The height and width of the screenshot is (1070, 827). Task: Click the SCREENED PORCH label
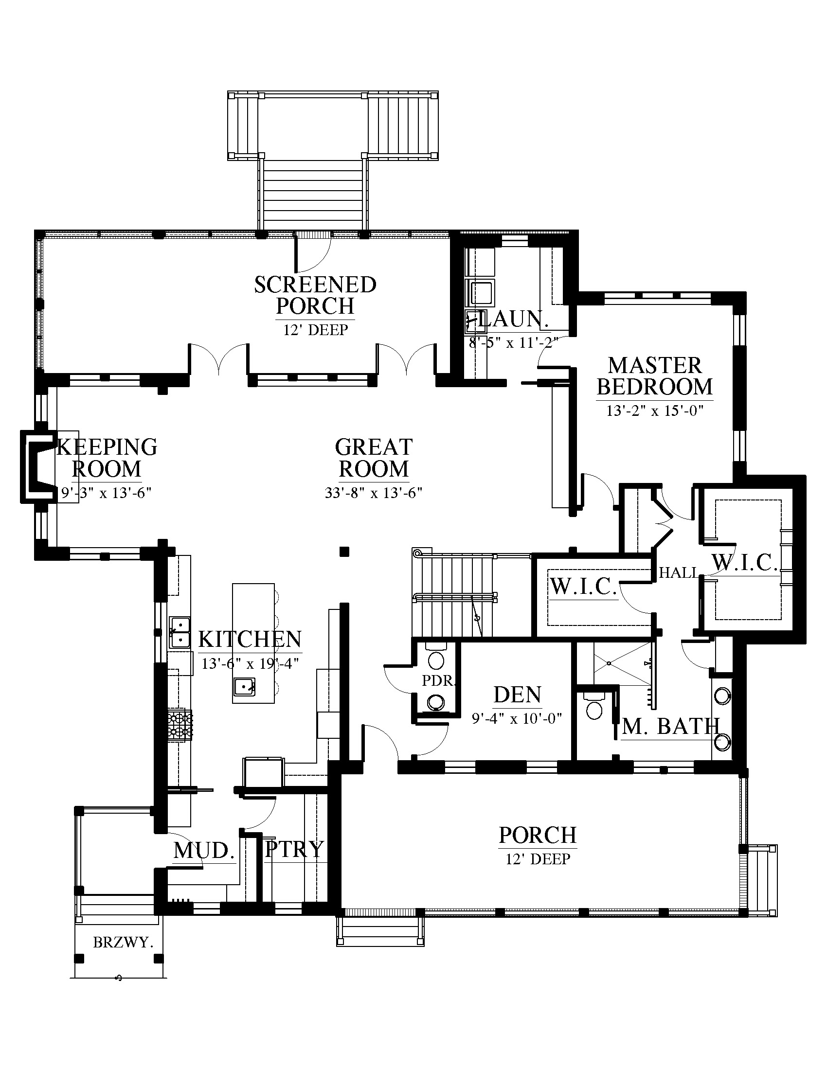(315, 295)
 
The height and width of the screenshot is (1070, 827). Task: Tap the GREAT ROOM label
(374, 458)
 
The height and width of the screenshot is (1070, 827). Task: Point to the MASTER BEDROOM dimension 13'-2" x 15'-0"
(654, 410)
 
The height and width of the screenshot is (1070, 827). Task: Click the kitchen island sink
(244, 686)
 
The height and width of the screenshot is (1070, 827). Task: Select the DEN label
(518, 695)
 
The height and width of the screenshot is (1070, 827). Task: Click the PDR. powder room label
(438, 680)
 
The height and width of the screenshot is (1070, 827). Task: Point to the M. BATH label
(671, 727)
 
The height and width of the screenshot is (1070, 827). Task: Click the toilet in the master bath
(594, 705)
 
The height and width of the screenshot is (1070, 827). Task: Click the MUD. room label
(204, 850)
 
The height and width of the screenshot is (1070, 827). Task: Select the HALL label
(678, 572)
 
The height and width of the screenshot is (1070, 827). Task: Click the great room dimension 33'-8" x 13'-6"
(373, 492)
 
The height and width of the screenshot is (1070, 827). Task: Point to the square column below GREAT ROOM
(344, 552)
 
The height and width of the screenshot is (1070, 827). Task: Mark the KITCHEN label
(250, 639)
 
